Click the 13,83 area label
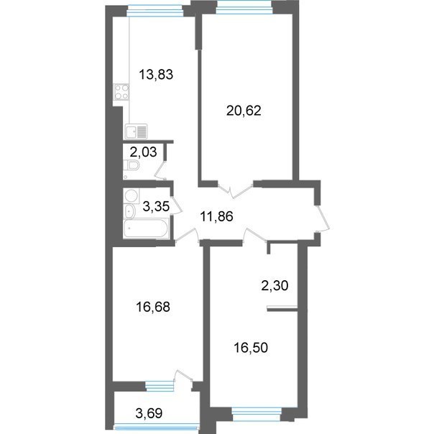[156, 75]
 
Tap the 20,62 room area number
[244, 111]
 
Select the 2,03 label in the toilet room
[143, 152]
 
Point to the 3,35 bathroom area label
[156, 206]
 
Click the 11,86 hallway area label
[216, 216]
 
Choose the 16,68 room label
[153, 307]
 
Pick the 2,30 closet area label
[274, 286]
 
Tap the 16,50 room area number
[251, 348]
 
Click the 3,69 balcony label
[149, 413]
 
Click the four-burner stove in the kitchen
[121, 92]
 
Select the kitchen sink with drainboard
[137, 131]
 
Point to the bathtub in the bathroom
[146, 228]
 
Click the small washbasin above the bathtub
[129, 211]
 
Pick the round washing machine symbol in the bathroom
[131, 195]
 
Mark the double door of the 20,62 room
[235, 190]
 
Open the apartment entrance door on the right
[323, 218]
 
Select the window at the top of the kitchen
[155, 11]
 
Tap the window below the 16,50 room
[257, 413]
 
